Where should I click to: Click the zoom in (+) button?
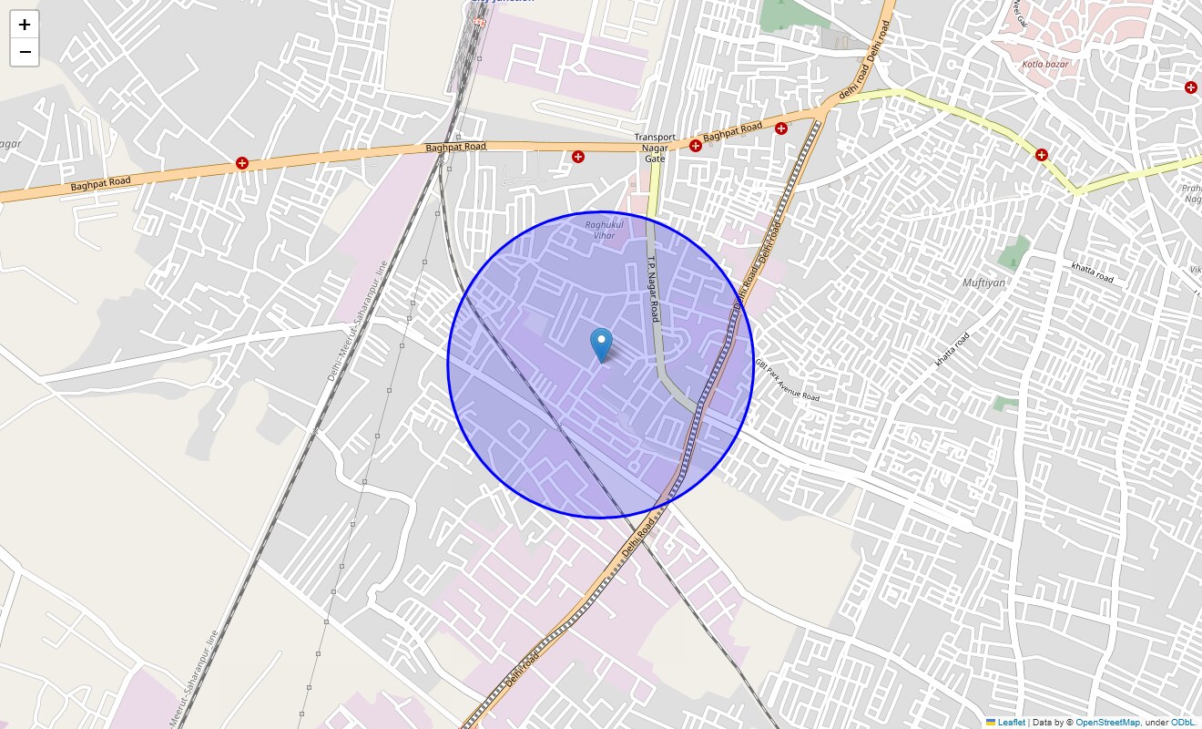pos(25,25)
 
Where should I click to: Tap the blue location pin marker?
pos(601,344)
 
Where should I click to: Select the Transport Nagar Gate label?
pos(655,148)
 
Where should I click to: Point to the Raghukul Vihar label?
pos(600,230)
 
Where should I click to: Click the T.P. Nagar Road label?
pos(653,287)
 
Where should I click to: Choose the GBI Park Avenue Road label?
pos(787,380)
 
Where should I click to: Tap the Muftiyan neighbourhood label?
pos(983,282)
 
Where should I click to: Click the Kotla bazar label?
pos(1044,64)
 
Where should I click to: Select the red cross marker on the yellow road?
pos(1041,155)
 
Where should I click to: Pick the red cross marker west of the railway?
pos(242,163)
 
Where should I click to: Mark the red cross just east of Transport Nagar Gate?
pos(696,146)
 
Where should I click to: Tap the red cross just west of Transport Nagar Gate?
pos(578,157)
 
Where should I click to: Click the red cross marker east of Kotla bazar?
pos(1190,87)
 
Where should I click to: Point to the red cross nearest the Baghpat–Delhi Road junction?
pos(780,128)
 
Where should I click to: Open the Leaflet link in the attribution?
pos(1011,723)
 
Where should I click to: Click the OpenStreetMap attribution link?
pos(1107,723)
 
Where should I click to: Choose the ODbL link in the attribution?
pos(1182,723)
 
